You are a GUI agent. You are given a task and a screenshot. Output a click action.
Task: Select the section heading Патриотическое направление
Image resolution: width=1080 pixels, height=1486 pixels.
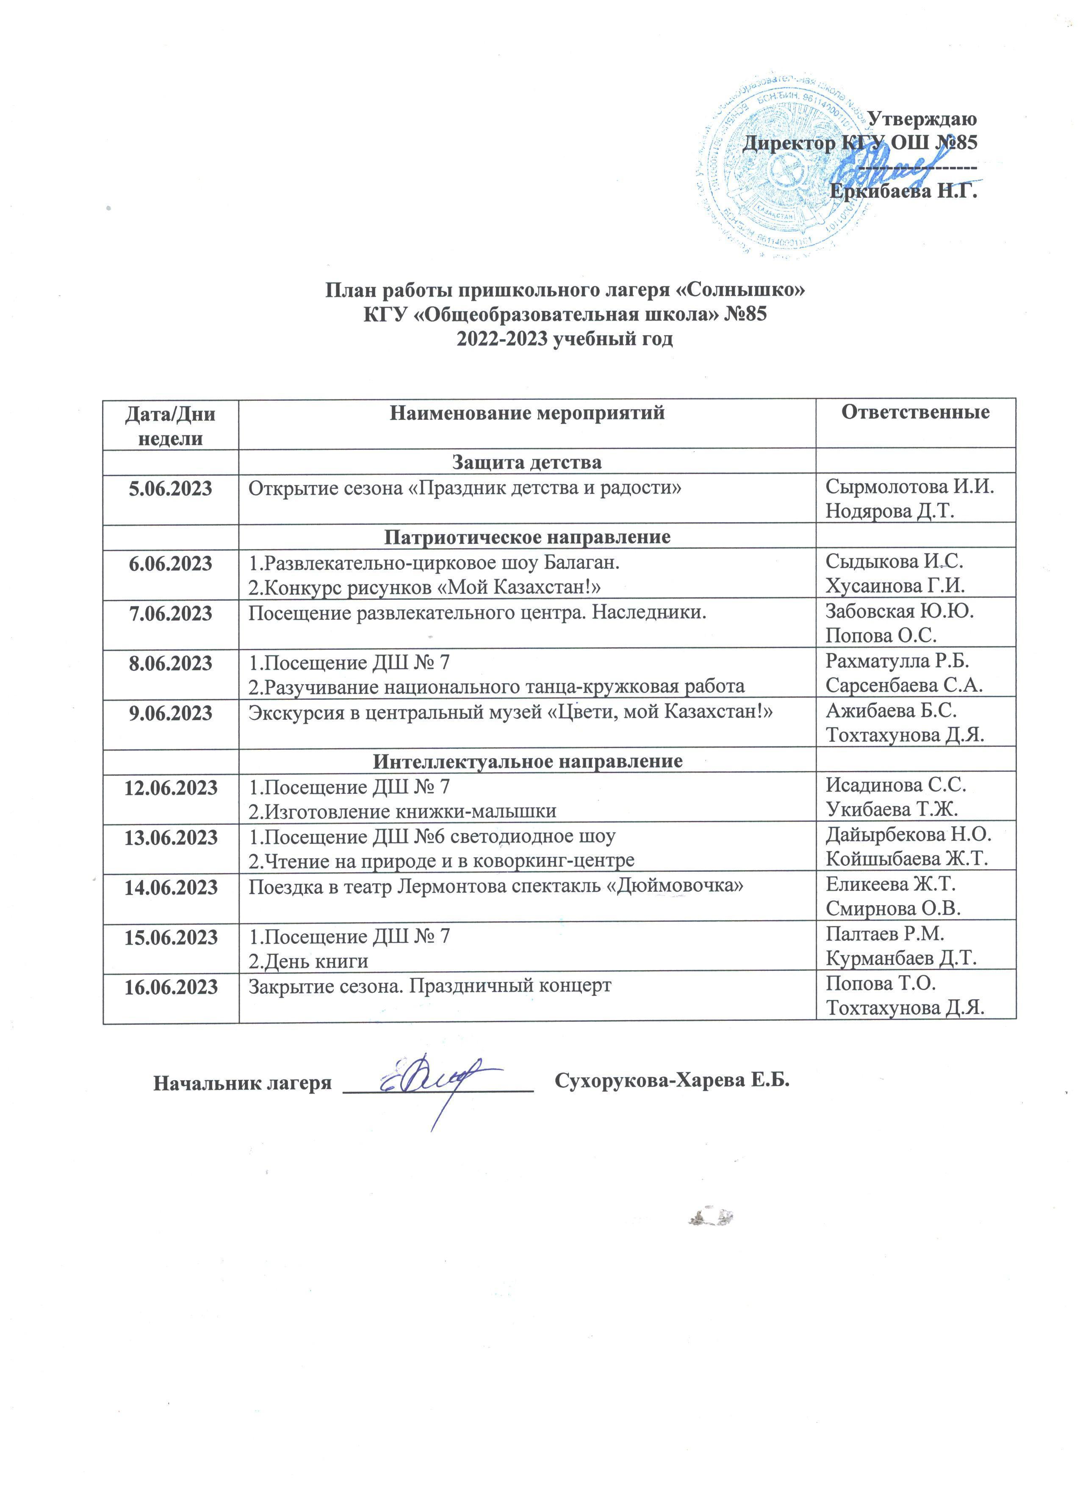526,537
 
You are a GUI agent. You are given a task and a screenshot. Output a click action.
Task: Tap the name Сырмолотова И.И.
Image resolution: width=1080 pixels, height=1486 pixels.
910,488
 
